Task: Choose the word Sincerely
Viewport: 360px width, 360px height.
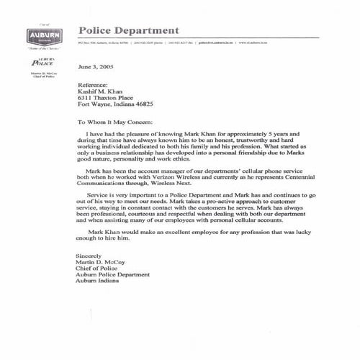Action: pyautogui.click(x=89, y=256)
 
